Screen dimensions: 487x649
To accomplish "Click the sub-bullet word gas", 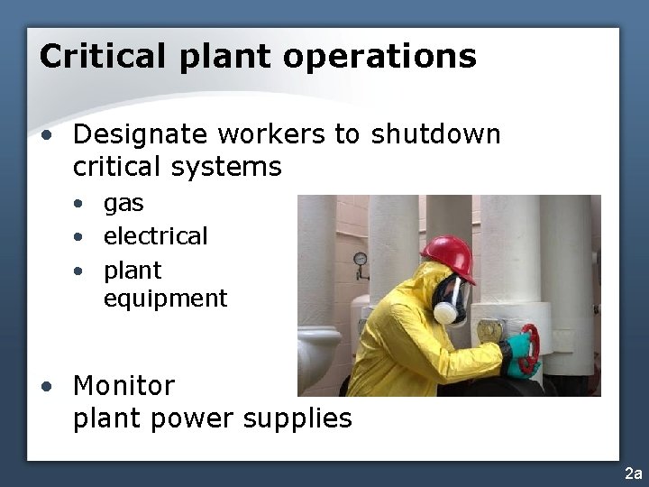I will (123, 204).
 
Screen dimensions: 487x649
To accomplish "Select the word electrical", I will (155, 236).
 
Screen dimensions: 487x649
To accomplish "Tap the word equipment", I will (165, 299).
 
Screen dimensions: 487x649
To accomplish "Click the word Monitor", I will (123, 385).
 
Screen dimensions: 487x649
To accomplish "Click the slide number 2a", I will (633, 473).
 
